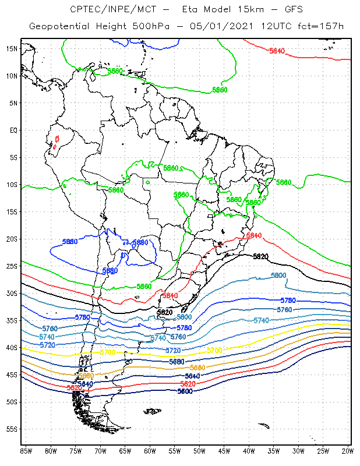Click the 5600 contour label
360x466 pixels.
point(185,391)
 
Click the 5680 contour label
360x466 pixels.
point(177,362)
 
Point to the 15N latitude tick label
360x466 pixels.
point(12,48)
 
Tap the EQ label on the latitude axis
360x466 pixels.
point(13,130)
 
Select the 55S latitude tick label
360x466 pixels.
point(12,429)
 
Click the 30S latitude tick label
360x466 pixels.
point(12,293)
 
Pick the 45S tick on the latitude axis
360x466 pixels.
point(12,375)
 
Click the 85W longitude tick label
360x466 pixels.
point(26,451)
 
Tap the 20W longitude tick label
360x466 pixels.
point(347,451)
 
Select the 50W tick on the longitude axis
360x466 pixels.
point(199,451)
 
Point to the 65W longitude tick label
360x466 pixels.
point(125,451)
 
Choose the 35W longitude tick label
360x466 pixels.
point(273,451)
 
